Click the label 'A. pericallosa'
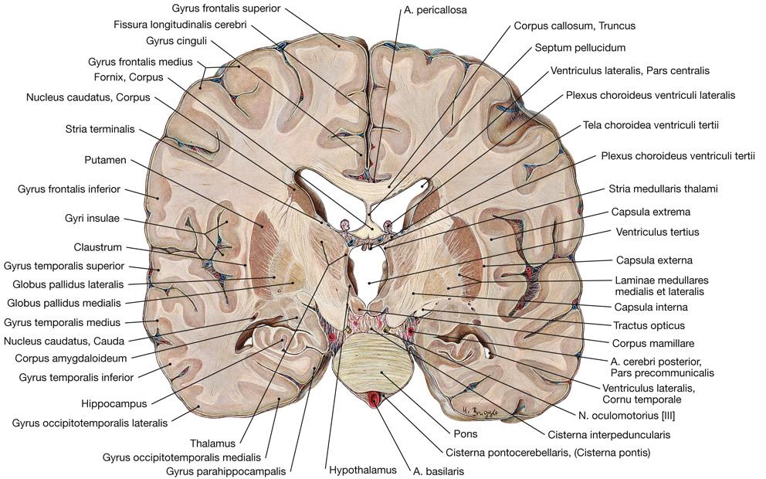[436, 11]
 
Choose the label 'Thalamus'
[212, 443]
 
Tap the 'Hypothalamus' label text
[362, 469]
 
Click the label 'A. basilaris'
[438, 469]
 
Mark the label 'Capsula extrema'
[649, 211]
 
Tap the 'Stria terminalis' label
[100, 130]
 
